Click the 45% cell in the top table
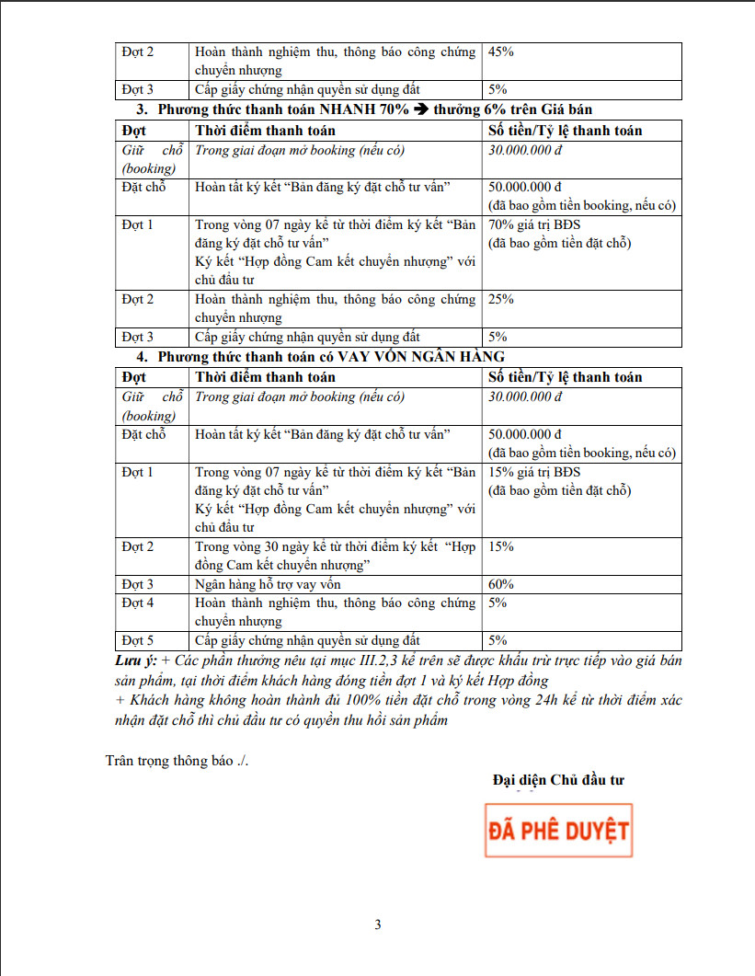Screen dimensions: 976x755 click(501, 52)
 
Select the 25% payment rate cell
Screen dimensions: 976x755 click(501, 299)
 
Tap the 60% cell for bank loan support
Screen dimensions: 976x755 click(501, 584)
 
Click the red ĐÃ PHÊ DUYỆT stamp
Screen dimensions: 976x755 click(558, 831)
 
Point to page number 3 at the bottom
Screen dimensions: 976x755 click(377, 924)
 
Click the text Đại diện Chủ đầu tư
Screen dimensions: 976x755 click(558, 780)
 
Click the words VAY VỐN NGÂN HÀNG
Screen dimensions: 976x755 click(421, 356)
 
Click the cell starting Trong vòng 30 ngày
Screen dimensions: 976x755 click(336, 555)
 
